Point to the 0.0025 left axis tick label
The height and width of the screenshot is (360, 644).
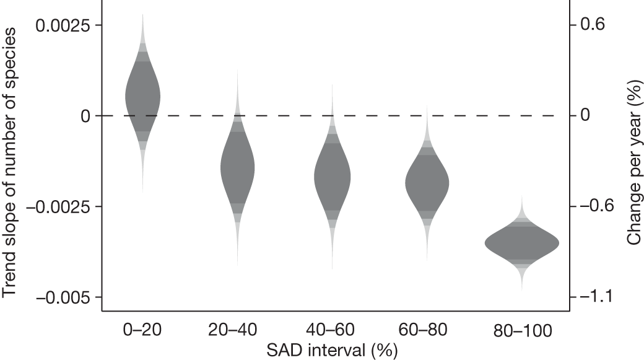click(63, 25)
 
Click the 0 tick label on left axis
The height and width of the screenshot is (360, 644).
click(85, 116)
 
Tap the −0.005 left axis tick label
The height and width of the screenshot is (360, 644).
click(63, 297)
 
